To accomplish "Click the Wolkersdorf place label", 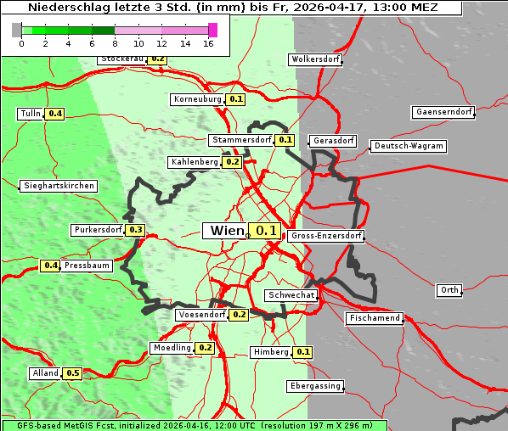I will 315,59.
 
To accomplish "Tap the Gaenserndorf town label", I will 443,112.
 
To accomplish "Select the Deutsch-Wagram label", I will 409,146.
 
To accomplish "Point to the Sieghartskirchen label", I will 59,186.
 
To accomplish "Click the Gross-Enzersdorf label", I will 326,236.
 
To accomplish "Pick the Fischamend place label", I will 374,318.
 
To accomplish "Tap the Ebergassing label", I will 315,386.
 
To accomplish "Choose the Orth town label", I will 449,290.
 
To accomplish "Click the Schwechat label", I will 291,295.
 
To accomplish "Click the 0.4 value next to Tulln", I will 55,114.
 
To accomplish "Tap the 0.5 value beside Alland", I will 72,373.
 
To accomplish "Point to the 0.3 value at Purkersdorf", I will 135,230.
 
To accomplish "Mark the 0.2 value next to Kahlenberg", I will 233,162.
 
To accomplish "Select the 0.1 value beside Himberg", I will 303,352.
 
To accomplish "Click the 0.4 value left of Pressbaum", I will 50,266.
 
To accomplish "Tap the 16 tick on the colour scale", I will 208,43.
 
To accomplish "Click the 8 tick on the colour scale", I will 115,43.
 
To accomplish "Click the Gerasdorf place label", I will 333,140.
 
